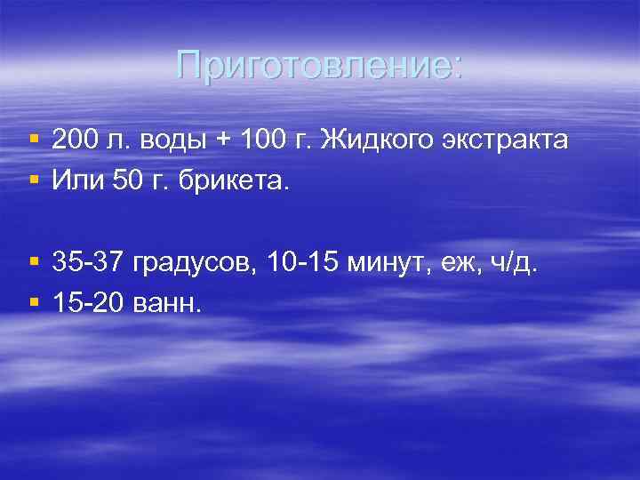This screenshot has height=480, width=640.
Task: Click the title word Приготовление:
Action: pyautogui.click(x=319, y=65)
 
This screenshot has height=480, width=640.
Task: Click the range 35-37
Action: pyautogui.click(x=86, y=263)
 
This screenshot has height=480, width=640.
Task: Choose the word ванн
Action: pyautogui.click(x=167, y=304)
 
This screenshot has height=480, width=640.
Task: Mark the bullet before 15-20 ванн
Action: pyautogui.click(x=33, y=304)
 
